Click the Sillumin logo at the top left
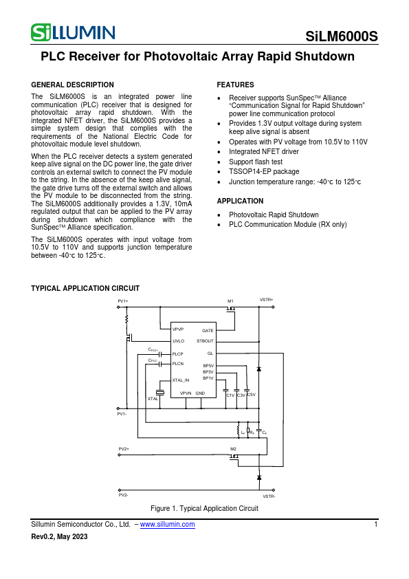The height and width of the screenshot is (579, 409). pos(72,32)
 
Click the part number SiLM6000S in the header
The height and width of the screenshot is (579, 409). pos(342,37)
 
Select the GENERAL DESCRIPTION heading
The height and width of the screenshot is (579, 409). pos(73,85)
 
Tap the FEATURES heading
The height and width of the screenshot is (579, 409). pos(235,85)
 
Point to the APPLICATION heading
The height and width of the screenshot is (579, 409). pos(240,201)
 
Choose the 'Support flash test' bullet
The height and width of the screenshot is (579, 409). pos(256,162)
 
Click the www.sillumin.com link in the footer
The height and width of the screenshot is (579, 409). pos(167,525)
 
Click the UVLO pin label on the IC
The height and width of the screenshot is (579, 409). pos(178,341)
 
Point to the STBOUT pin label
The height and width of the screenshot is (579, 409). pos(205,341)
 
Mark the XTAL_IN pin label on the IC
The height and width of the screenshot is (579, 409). pos(180,380)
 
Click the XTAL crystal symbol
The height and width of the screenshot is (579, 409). pos(159,392)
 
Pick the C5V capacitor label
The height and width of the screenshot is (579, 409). pos(251,395)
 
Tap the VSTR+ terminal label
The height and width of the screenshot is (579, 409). pos(266,300)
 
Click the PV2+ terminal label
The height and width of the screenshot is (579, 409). pos(124,448)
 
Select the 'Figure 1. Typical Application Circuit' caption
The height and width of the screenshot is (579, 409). pos(204,508)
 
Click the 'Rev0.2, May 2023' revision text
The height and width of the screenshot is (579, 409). pos(60,537)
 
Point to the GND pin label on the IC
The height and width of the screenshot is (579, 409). pos(200,393)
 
